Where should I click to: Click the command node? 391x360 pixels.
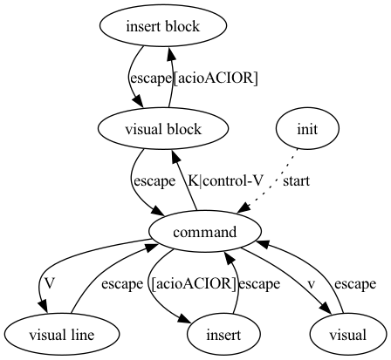pos(206,233)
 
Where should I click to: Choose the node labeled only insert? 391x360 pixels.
pos(225,335)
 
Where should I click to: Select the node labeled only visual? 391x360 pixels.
pos(348,335)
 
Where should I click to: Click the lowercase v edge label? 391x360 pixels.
pos(310,284)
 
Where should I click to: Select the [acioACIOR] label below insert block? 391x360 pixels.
pos(216,78)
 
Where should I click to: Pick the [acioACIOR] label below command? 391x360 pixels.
pos(193,284)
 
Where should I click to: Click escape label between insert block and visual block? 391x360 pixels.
pos(150,78)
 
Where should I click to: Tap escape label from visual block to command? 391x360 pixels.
pos(154,181)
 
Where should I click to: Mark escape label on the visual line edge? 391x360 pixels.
pos(121,284)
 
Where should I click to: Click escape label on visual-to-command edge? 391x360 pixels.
pos(355,284)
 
